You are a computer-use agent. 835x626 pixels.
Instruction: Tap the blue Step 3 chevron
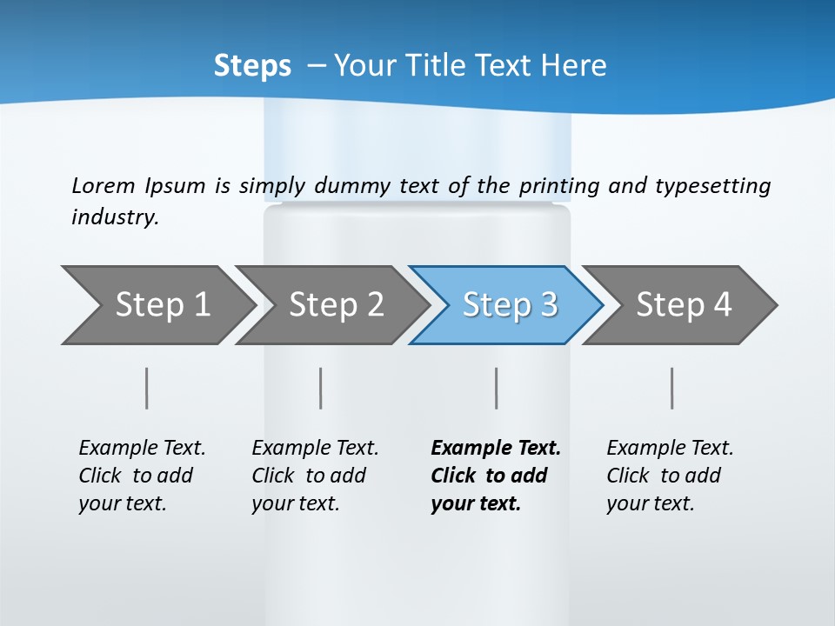click(x=510, y=304)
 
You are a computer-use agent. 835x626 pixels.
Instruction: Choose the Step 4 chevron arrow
click(x=684, y=304)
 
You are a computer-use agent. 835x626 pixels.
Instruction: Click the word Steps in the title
click(x=252, y=66)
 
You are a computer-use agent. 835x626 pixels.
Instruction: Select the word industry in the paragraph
click(x=115, y=217)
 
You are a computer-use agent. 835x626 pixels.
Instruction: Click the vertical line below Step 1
click(x=147, y=388)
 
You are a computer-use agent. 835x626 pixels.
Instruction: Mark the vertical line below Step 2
click(x=321, y=388)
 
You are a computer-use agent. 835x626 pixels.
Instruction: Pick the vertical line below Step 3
click(x=497, y=388)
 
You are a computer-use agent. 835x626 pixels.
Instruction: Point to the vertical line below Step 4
click(x=672, y=388)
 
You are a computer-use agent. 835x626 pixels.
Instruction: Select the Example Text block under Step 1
click(x=142, y=475)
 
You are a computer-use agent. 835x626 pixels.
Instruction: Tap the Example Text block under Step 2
click(x=315, y=475)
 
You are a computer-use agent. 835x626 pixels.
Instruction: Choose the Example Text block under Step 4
click(x=670, y=475)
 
